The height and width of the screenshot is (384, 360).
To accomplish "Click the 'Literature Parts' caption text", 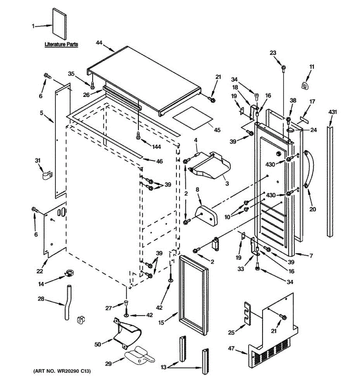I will (x=61, y=44).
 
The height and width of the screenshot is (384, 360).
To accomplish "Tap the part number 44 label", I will (x=99, y=43).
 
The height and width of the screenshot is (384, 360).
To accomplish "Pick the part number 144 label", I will (x=156, y=147).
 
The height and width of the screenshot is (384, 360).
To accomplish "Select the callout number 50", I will (x=98, y=344).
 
